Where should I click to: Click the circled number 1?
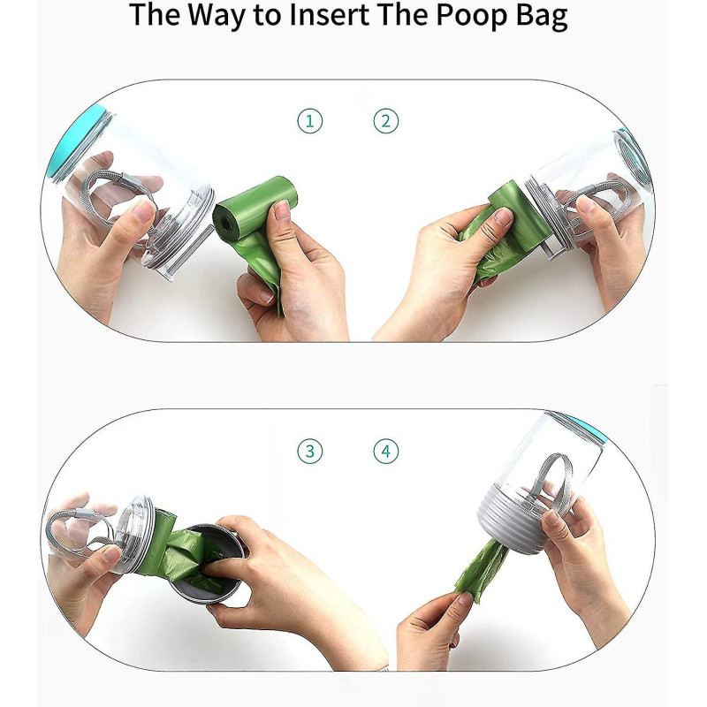click(309, 121)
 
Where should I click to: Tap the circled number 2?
click(385, 121)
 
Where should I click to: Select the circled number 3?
click(309, 452)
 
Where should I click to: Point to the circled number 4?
click(385, 452)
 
